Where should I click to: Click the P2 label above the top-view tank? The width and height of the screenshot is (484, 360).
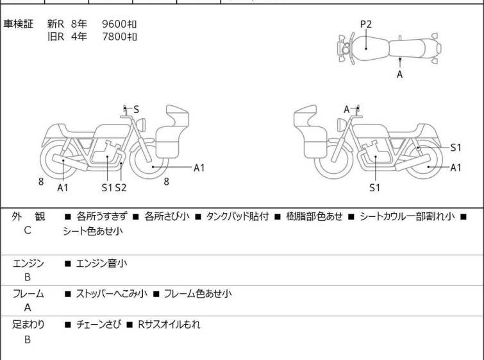pos(366,24)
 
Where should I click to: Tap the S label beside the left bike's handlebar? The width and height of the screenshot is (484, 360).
pos(136,109)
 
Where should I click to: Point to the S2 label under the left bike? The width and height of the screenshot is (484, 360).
pos(121,187)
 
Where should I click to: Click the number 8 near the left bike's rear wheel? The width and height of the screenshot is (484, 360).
pos(41,182)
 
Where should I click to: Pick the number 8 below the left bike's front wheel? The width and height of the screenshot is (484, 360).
pos(167,182)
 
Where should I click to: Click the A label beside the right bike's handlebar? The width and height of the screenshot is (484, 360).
pos(347,109)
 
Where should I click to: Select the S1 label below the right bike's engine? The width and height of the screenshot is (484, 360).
pos(375,187)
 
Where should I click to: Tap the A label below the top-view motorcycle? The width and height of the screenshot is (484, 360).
pos(400,74)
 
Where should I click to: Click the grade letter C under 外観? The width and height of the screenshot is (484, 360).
pos(28,230)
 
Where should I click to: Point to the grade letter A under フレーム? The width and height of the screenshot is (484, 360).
pos(28,307)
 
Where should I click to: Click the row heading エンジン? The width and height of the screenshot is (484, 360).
pos(28,263)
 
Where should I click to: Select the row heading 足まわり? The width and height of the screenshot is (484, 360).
pos(28,325)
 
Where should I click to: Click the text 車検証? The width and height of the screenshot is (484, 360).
pos(18,24)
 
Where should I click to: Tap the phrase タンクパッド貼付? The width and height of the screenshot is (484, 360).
pos(237,216)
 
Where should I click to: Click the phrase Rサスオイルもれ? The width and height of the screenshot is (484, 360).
pos(169,325)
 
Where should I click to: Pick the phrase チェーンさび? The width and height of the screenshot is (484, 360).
pos(99,325)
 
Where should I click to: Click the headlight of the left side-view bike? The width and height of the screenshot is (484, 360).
pos(141,124)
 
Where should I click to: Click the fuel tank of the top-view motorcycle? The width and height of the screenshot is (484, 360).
pos(369,49)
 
